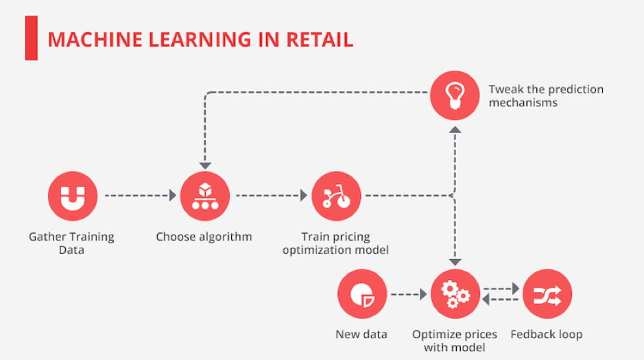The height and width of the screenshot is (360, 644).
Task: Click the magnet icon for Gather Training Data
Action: click(x=73, y=196)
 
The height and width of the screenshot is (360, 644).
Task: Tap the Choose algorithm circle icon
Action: click(x=205, y=196)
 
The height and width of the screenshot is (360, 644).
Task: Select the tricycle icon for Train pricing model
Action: click(x=336, y=196)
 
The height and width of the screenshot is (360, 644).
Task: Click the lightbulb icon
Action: click(x=455, y=95)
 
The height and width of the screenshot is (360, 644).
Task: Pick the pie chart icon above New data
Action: click(x=362, y=294)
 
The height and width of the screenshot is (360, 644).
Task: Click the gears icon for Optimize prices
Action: click(x=455, y=294)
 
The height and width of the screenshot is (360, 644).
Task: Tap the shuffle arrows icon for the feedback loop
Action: click(x=547, y=294)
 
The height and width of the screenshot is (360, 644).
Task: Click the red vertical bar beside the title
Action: click(x=32, y=38)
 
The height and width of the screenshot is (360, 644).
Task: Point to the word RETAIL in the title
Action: click(x=320, y=40)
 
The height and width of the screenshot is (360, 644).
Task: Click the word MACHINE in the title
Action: click(x=95, y=40)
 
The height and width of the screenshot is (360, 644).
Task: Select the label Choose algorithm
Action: click(x=204, y=237)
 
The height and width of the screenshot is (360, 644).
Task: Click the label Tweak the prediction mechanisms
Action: click(x=546, y=95)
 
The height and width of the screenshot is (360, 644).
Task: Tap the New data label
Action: click(x=361, y=334)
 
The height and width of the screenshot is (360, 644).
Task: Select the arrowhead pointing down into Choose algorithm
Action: click(x=205, y=166)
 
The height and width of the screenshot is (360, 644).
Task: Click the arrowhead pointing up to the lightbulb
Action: click(x=455, y=130)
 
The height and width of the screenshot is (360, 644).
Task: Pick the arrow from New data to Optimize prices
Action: click(x=409, y=294)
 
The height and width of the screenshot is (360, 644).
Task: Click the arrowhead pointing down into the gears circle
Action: click(x=455, y=263)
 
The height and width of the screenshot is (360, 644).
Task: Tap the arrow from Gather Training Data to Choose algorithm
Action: click(x=141, y=195)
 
